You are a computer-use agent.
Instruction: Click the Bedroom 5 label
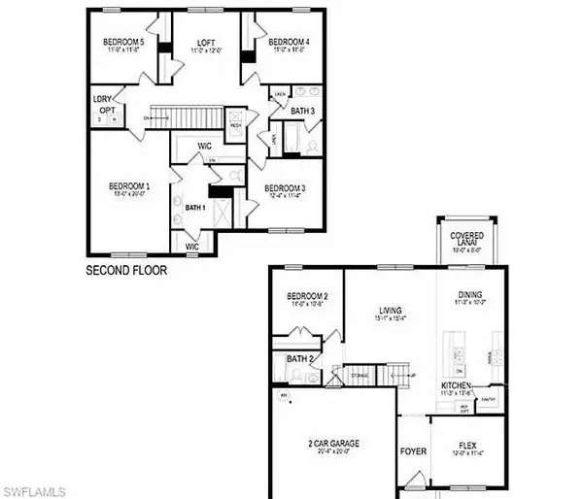(122, 42)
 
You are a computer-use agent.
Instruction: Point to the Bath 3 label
(303, 112)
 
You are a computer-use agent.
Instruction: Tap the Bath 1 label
(196, 207)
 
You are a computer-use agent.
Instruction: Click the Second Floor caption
(126, 271)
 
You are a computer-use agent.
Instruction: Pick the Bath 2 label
(299, 359)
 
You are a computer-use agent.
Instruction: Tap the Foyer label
(413, 450)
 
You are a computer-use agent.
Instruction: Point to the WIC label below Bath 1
(192, 248)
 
